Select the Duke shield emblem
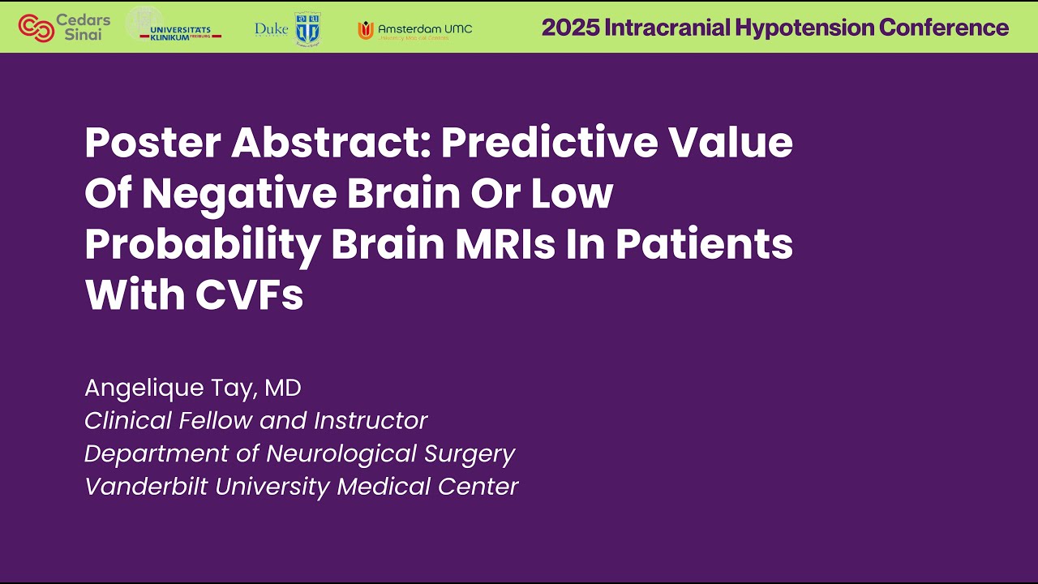[307, 28]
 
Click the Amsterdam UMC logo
[414, 30]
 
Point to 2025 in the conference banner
[565, 28]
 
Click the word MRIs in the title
[504, 245]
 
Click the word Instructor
[371, 420]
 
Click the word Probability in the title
[202, 245]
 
